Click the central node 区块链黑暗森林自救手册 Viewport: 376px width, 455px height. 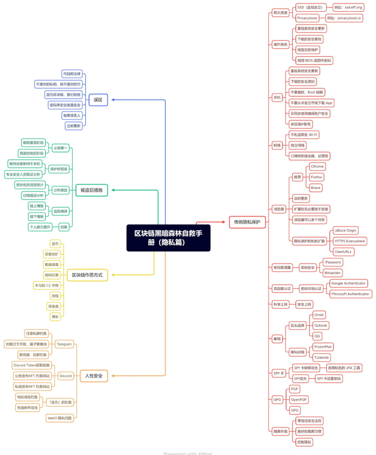(x=168, y=237)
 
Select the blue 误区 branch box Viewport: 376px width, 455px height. (x=98, y=100)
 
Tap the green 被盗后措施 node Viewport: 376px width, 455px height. (x=91, y=190)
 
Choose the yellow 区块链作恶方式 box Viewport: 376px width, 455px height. (x=87, y=275)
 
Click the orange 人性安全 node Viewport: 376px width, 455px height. (x=94, y=375)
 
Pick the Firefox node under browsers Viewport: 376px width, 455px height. (x=317, y=177)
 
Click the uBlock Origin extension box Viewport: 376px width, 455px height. (x=345, y=231)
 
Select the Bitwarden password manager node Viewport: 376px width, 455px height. (x=333, y=272)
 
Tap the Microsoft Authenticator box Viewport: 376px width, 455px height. (x=350, y=294)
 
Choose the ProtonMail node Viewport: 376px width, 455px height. (x=323, y=346)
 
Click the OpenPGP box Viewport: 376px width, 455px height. (x=299, y=399)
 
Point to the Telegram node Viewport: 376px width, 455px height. (x=64, y=344)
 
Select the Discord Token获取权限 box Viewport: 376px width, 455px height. (x=32, y=365)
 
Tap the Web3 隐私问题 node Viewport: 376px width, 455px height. (x=60, y=418)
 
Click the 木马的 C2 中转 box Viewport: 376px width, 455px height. (x=48, y=285)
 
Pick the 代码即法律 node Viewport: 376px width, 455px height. (x=72, y=74)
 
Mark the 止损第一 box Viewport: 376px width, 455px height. (x=61, y=147)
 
